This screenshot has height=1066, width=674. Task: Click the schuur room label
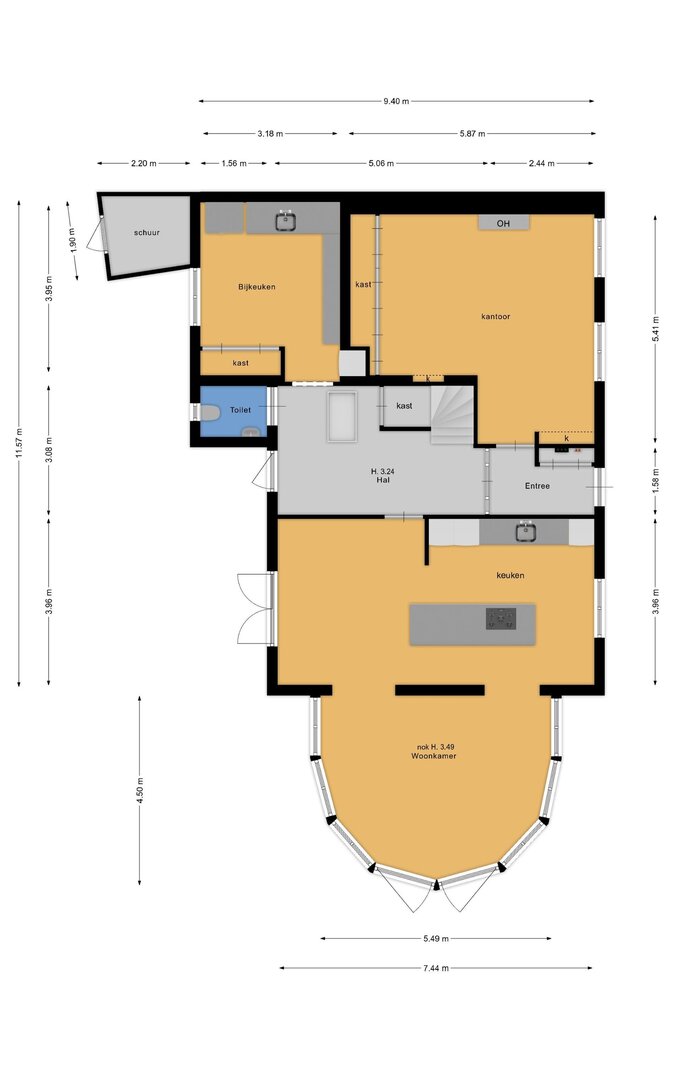[146, 233]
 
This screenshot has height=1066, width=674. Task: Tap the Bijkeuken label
[256, 287]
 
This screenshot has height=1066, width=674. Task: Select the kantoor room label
[495, 316]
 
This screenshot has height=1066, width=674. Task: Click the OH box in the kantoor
[503, 223]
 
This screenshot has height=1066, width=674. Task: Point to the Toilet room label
[240, 410]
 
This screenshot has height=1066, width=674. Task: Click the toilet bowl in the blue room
[209, 412]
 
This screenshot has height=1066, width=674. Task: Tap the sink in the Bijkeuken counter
[286, 221]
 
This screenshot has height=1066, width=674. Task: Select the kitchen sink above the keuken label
[525, 532]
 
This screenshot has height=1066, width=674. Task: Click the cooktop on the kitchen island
[501, 619]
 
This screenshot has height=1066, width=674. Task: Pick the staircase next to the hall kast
[452, 415]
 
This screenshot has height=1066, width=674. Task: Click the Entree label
[537, 486]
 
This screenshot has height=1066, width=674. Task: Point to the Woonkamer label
[433, 756]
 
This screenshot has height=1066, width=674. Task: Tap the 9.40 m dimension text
[396, 101]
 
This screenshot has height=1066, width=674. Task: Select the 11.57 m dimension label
[19, 443]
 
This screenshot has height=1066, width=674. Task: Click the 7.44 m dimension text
[435, 968]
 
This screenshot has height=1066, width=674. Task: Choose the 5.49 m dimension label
[435, 939]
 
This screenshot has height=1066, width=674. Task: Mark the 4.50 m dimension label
[140, 791]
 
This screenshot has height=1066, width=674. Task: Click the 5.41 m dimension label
[656, 330]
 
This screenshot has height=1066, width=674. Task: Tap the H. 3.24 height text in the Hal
[383, 471]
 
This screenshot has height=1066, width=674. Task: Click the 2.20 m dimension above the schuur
[144, 163]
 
